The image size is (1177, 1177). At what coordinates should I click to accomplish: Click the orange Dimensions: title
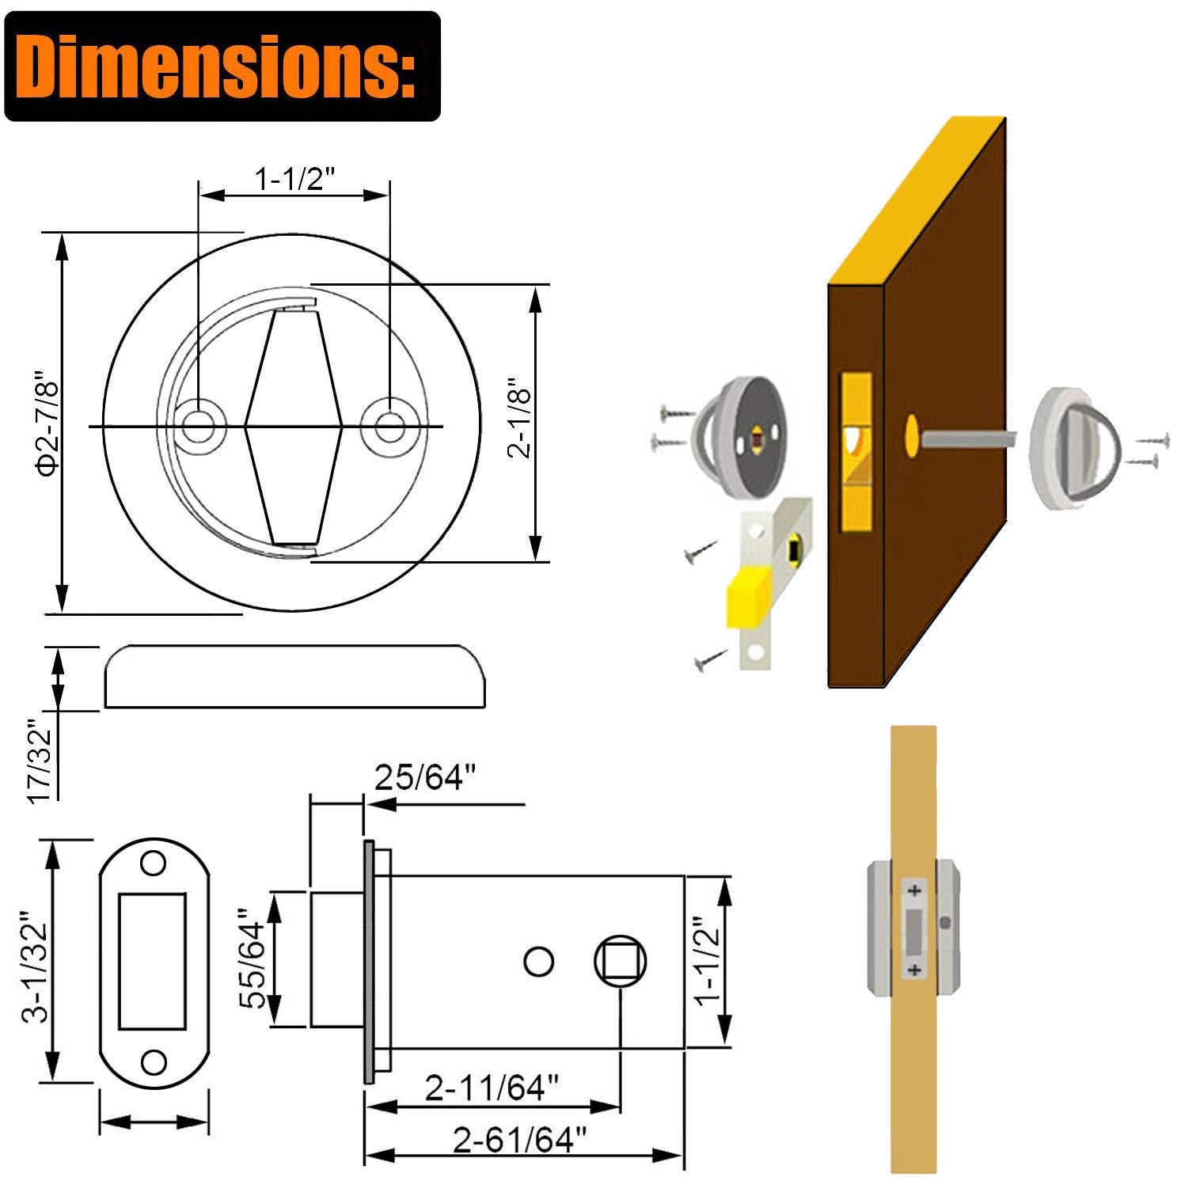[x=222, y=66]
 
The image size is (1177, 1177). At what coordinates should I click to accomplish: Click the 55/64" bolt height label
[x=255, y=959]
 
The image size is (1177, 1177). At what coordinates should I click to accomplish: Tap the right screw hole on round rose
[x=388, y=427]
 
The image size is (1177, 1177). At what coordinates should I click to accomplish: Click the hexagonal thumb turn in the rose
[x=293, y=427]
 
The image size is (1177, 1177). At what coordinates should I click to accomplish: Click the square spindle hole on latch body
[x=620, y=962]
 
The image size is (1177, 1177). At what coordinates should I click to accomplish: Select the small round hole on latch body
[x=539, y=962]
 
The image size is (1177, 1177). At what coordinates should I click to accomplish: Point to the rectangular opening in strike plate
[x=153, y=961]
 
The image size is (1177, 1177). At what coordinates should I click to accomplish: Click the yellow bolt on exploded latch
[x=748, y=598]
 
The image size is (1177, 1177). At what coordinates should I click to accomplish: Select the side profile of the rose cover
[x=294, y=677]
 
